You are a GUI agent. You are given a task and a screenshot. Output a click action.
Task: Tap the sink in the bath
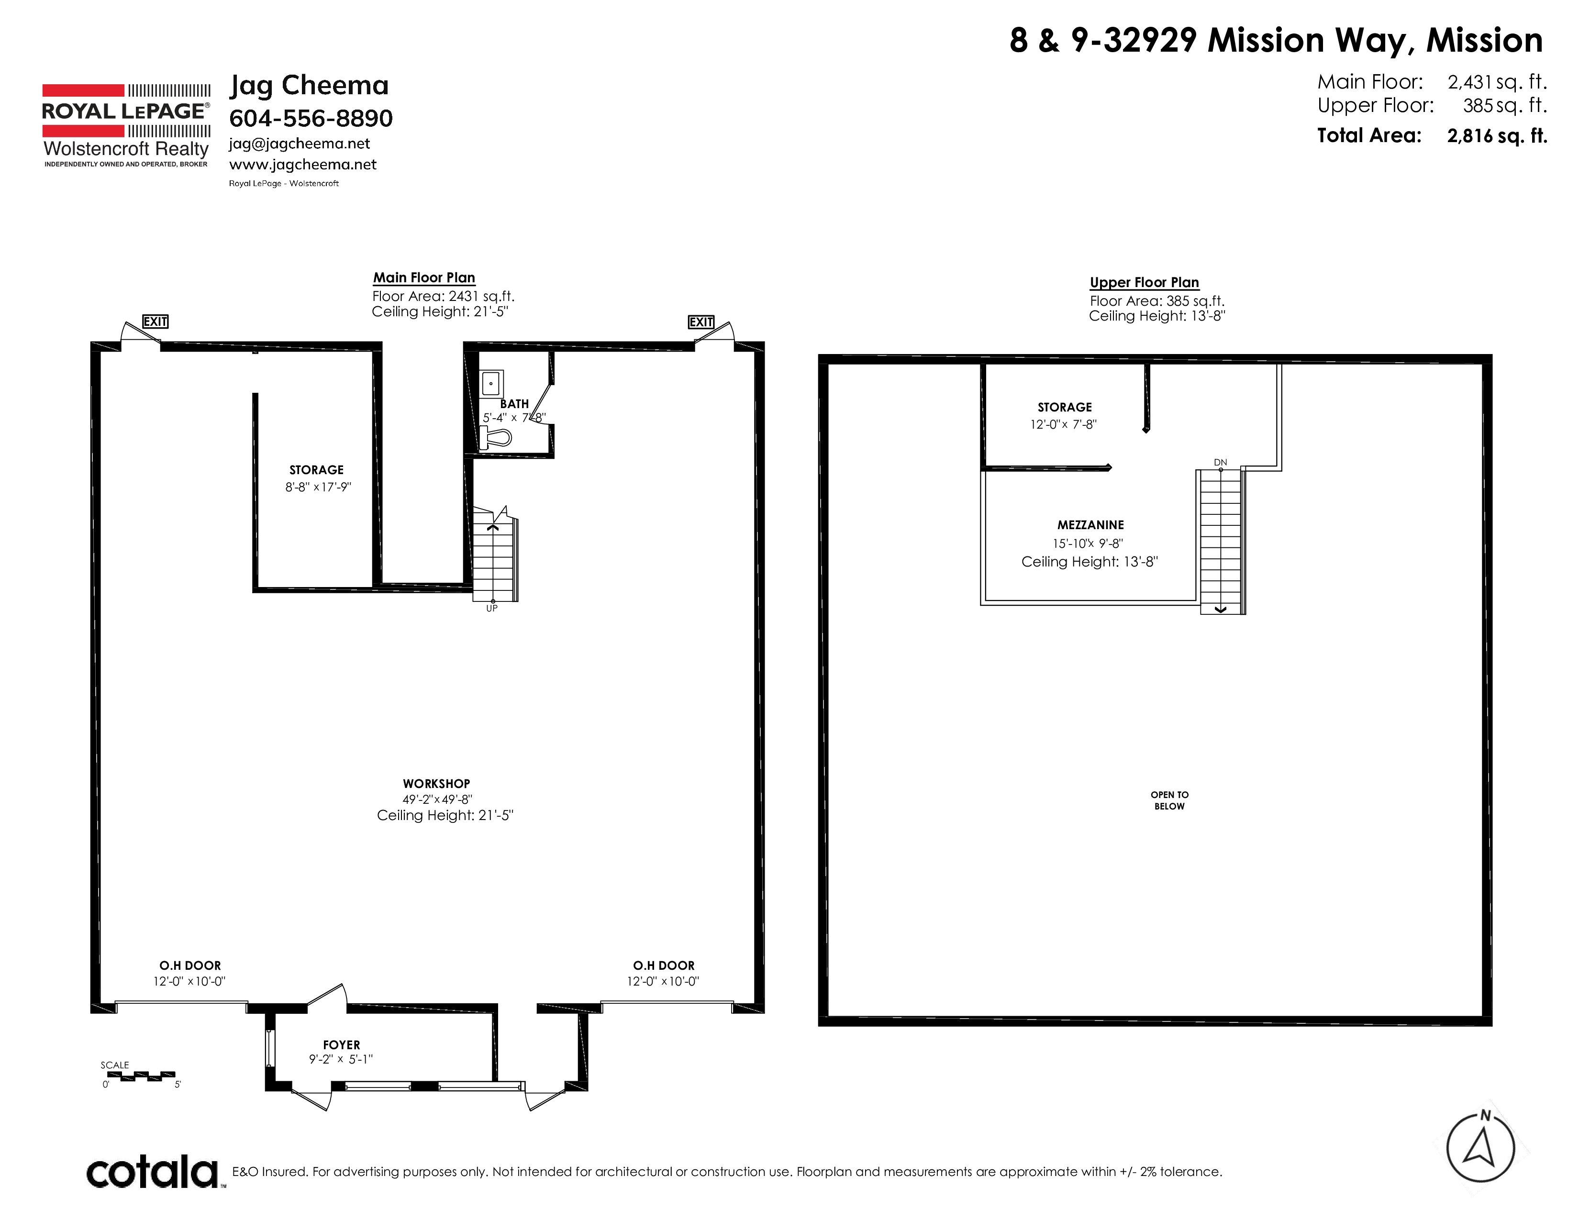[491, 383]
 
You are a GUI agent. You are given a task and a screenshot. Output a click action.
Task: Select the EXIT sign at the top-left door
[156, 322]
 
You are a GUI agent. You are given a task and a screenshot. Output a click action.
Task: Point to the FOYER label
[341, 1045]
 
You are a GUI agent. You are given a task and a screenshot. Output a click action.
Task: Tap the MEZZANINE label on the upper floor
[1090, 525]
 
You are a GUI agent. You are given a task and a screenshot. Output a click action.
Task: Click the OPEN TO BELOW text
[1169, 800]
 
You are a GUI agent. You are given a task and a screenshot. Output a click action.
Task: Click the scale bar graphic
[141, 1076]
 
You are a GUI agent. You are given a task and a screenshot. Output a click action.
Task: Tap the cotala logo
[152, 1172]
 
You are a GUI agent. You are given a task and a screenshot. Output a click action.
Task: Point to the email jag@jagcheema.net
[300, 144]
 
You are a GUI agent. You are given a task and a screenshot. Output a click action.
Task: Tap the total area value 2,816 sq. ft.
[1497, 136]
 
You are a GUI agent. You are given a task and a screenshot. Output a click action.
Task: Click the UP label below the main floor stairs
[491, 609]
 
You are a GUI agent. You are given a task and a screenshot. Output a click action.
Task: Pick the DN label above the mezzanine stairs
[1221, 462]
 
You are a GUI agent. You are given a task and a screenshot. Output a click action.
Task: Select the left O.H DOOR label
[190, 965]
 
